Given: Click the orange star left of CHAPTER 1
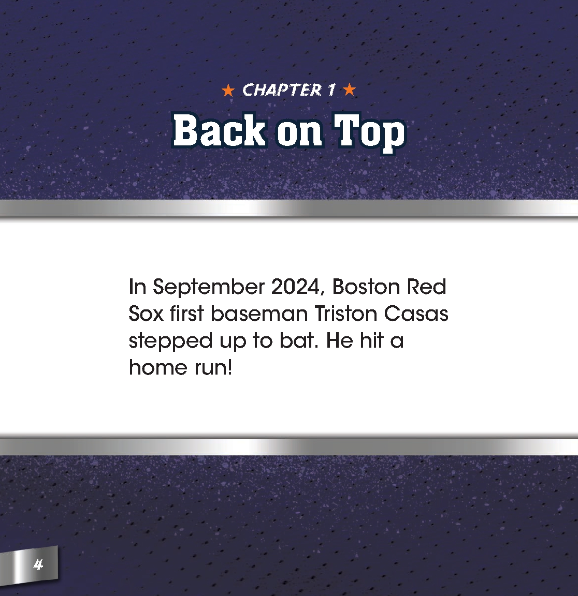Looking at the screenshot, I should point(227,91).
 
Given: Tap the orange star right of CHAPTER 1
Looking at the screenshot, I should point(350,90).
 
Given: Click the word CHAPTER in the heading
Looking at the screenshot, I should point(282,91).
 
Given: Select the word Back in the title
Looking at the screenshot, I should point(219,131).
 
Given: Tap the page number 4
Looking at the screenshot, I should point(38,564).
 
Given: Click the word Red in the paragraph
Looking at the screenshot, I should point(426,287).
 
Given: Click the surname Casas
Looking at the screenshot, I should point(419,314).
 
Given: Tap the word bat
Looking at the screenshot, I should point(296,341).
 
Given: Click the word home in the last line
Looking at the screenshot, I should point(157,368).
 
